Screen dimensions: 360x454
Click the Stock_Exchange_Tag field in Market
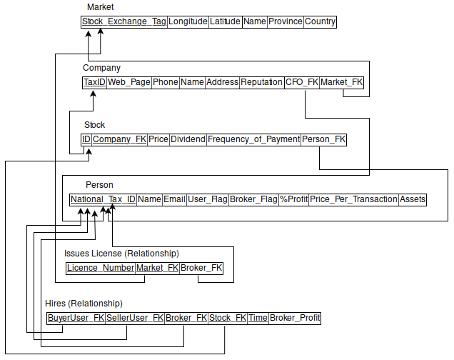point(124,21)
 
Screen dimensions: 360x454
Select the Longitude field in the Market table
point(188,21)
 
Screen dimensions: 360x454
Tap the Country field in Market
point(320,21)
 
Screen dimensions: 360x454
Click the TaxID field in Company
point(94,82)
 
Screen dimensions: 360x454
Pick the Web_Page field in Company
point(129,82)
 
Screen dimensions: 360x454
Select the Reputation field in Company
point(261,82)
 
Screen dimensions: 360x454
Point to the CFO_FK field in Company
point(302,82)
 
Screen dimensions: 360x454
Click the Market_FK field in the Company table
point(342,82)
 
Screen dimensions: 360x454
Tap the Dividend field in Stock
point(188,139)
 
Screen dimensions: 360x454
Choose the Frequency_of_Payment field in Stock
point(253,139)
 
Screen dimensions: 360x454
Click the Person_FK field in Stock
point(324,139)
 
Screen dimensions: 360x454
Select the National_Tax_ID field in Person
point(103,199)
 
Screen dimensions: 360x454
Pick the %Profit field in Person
point(293,199)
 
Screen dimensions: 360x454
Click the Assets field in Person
point(413,199)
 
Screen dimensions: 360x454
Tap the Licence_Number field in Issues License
point(100,268)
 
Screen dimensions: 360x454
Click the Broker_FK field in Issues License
point(201,268)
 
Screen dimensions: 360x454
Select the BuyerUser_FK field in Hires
point(76,318)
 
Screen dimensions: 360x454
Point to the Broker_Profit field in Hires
point(295,318)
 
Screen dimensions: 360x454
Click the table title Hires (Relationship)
point(84,304)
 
